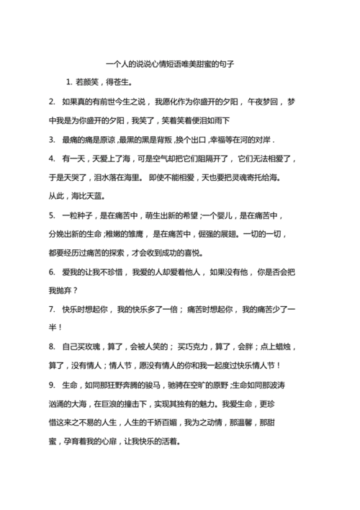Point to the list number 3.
coord(51,139)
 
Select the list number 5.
coord(51,215)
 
